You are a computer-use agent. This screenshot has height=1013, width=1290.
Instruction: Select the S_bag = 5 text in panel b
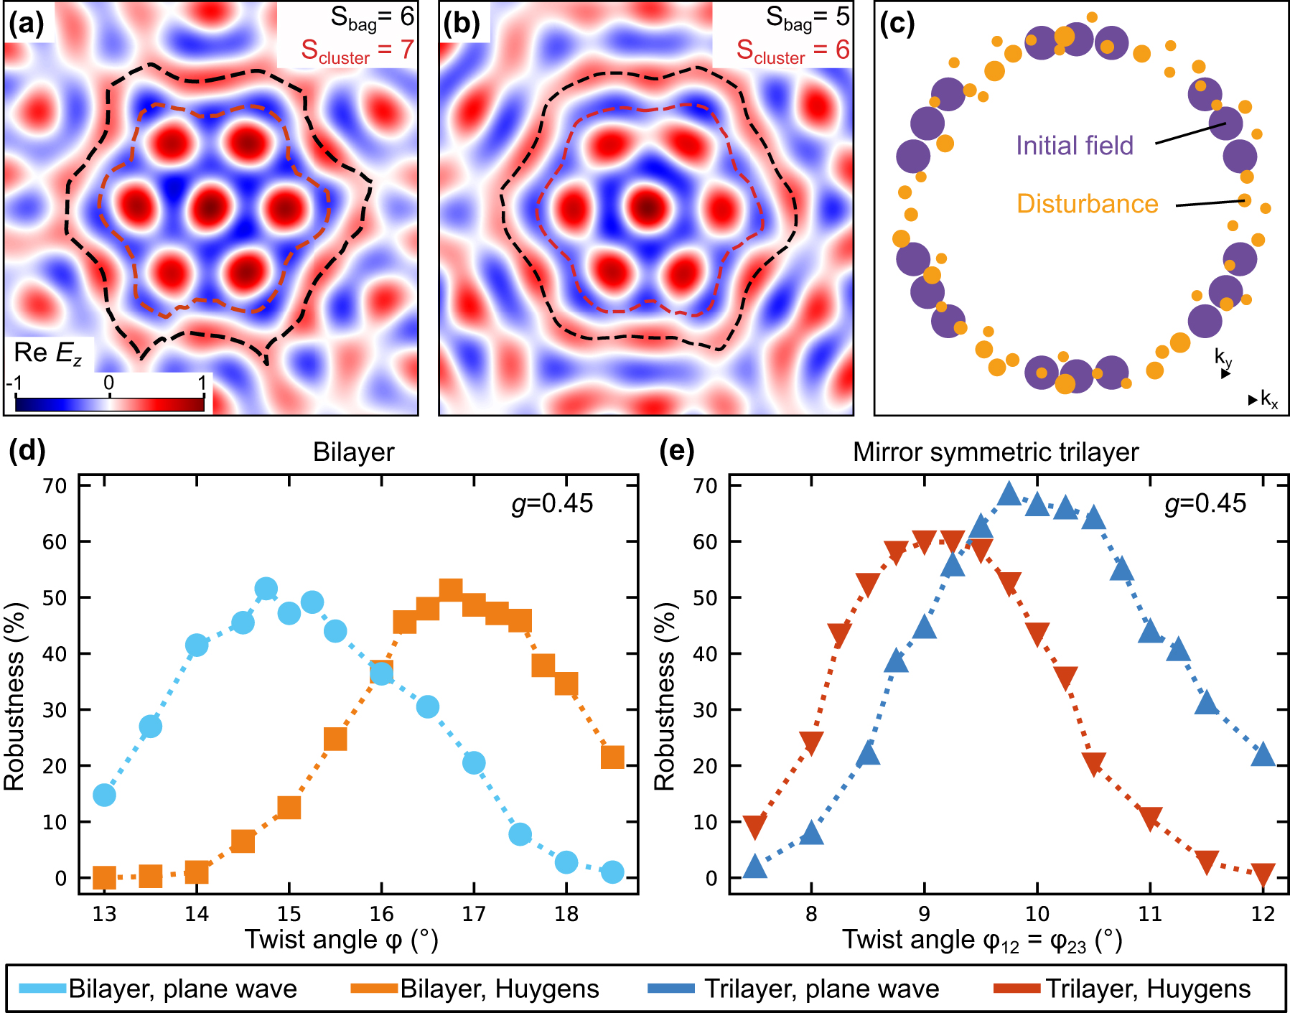(x=807, y=18)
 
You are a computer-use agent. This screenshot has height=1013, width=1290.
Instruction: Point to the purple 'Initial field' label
(x=1074, y=146)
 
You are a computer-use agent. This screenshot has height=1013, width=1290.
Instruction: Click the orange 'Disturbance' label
(x=1087, y=204)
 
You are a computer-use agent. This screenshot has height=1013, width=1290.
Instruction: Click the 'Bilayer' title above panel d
(x=353, y=452)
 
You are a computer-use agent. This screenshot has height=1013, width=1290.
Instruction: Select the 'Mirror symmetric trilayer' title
(x=995, y=452)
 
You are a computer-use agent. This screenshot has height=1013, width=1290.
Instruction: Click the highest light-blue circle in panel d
(x=266, y=589)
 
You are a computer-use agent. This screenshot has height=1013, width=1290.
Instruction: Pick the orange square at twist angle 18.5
(x=612, y=757)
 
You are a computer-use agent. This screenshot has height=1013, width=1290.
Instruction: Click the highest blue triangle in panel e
(x=1009, y=494)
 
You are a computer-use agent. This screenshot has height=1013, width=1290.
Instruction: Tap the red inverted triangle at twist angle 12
(x=1263, y=874)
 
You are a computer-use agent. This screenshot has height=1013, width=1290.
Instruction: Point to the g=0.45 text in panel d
(x=552, y=503)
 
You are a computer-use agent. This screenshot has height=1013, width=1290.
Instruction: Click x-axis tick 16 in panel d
(x=381, y=914)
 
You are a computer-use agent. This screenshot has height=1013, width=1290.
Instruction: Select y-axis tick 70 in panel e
(x=705, y=486)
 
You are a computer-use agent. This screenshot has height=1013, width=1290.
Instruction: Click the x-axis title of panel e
(x=981, y=940)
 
